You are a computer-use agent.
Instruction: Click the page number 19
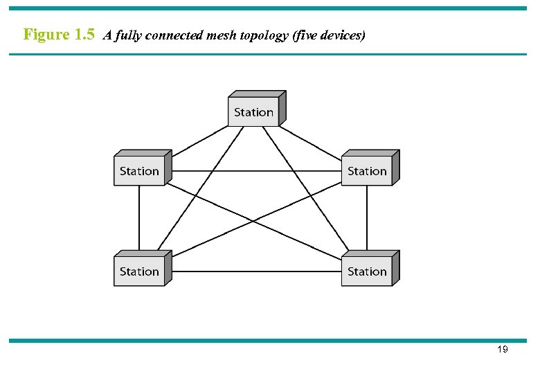503,350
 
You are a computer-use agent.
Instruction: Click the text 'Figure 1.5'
59,35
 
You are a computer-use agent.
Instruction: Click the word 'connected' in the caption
174,35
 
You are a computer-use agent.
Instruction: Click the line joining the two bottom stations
256,271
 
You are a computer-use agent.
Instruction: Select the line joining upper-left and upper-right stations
256,171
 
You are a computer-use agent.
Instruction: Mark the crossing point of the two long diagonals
253,222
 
